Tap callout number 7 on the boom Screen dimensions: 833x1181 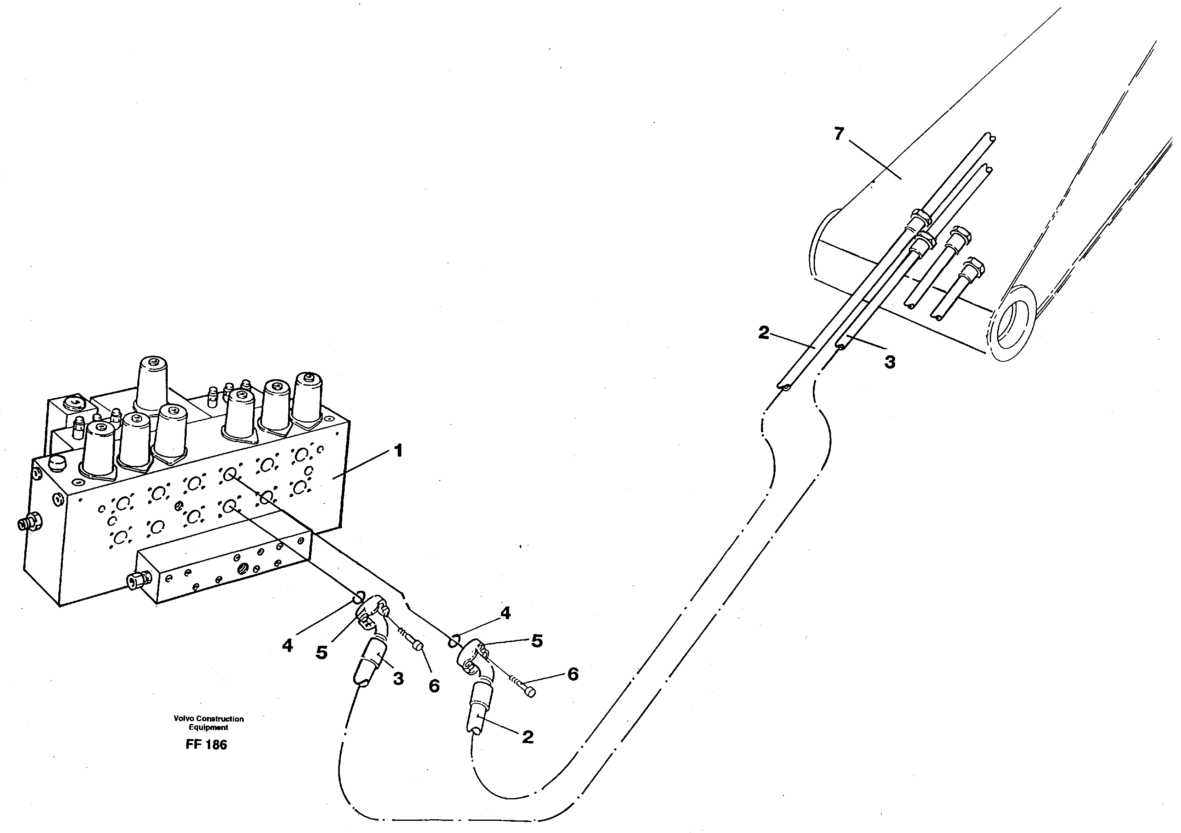click(839, 134)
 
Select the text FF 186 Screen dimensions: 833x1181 click(206, 745)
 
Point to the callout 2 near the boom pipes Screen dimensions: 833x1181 click(764, 333)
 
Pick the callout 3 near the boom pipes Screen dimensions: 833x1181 click(889, 362)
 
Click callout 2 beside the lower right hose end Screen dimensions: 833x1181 click(527, 737)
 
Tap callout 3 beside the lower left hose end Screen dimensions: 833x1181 click(398, 679)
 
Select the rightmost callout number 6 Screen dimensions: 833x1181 click(573, 674)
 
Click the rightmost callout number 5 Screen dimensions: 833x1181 click(537, 641)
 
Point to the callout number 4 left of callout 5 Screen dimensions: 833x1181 click(288, 645)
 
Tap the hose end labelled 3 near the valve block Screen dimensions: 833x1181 click(368, 665)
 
